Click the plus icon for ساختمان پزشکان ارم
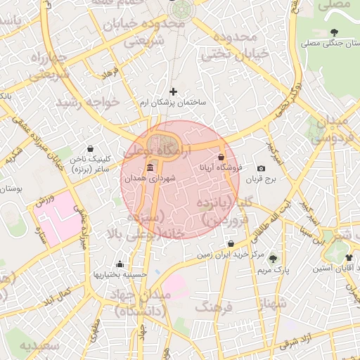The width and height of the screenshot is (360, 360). click(x=174, y=91)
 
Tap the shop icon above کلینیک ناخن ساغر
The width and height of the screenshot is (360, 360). click(x=90, y=149)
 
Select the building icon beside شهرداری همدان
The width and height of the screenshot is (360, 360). click(x=150, y=168)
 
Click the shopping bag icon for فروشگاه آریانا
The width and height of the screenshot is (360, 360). click(x=222, y=157)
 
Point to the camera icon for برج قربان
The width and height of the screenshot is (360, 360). click(x=261, y=168)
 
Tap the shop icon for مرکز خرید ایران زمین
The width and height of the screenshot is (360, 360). click(x=231, y=243)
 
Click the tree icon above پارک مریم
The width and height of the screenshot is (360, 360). click(x=273, y=259)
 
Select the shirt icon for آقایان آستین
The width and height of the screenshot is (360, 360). click(x=349, y=257)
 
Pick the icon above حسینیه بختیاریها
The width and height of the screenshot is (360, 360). click(x=120, y=264)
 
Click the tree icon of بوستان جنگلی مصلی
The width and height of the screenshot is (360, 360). click(x=333, y=32)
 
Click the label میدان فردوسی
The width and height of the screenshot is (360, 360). click(x=330, y=129)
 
